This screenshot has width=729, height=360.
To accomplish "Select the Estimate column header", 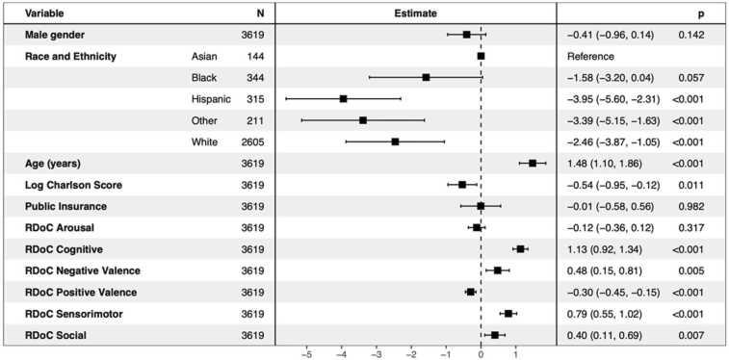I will coord(416,13).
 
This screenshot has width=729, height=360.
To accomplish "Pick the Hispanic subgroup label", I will coord(212,99).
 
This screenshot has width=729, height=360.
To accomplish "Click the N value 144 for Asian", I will coord(255,57).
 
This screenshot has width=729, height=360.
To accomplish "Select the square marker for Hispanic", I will coord(343,99).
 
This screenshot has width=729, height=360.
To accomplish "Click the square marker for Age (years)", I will coord(533,163).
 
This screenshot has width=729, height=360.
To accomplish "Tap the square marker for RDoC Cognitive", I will coord(520,248).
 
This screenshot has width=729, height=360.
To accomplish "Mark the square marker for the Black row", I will coord(426,78).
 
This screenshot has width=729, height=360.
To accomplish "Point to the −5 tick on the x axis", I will coord(306,353).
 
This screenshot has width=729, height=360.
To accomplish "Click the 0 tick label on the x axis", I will coord(481,353).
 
